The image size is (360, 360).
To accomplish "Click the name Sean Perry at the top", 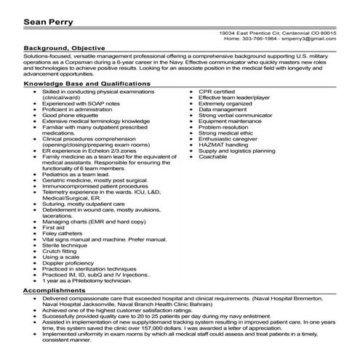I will (48, 21).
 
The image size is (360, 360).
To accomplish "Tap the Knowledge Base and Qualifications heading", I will (87, 84).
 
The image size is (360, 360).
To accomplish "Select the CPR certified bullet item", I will (217, 92).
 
